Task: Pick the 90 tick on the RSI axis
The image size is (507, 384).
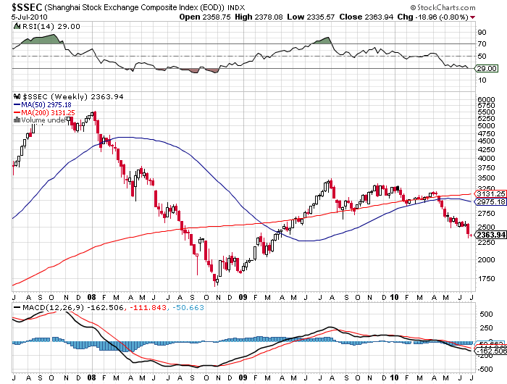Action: click(479, 32)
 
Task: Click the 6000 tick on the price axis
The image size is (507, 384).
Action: click(484, 99)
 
